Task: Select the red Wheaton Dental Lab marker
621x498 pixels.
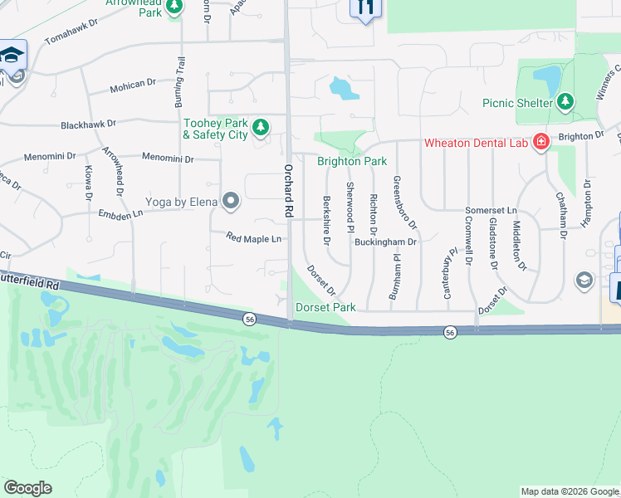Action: [x=541, y=142]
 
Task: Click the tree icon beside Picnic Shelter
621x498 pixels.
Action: [x=565, y=102]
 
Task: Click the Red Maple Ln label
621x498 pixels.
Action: [x=254, y=238]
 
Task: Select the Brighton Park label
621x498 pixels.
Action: [x=352, y=161]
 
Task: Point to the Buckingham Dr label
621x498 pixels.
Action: [x=385, y=242]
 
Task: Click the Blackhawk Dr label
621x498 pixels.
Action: [x=88, y=124]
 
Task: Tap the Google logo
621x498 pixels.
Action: [x=28, y=488]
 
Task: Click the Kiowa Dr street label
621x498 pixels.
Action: [x=88, y=183]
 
